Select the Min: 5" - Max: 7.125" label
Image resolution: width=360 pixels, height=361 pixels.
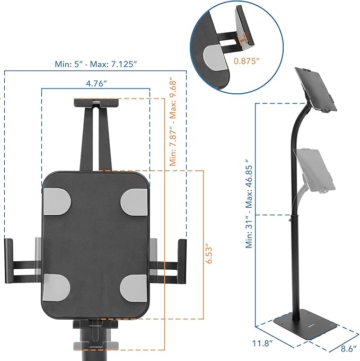(95, 64)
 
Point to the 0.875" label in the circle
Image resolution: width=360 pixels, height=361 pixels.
(247, 61)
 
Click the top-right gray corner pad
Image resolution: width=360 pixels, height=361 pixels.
(134, 200)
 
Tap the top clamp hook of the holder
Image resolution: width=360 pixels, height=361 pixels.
(95, 102)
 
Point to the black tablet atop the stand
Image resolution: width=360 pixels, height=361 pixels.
(317, 89)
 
